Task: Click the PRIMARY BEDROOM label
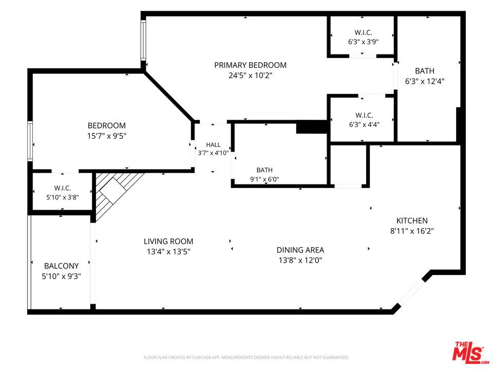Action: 250,65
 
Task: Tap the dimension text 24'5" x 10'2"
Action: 250,76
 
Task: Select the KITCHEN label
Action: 412,220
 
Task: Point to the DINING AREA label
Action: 300,250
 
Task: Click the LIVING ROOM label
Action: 168,242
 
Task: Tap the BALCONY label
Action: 61,266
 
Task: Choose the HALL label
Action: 213,145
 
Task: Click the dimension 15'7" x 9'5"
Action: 107,136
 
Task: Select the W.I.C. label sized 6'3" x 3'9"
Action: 364,32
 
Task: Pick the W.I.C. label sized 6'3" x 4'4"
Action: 364,115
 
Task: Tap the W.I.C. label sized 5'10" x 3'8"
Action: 63,188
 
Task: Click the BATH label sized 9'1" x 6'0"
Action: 264,170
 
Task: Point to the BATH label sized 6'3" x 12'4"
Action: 425,71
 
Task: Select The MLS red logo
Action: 470,352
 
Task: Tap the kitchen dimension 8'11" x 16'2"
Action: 412,231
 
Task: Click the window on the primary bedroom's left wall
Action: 143,40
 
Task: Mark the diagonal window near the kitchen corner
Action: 412,292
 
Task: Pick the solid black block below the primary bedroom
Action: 312,127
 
